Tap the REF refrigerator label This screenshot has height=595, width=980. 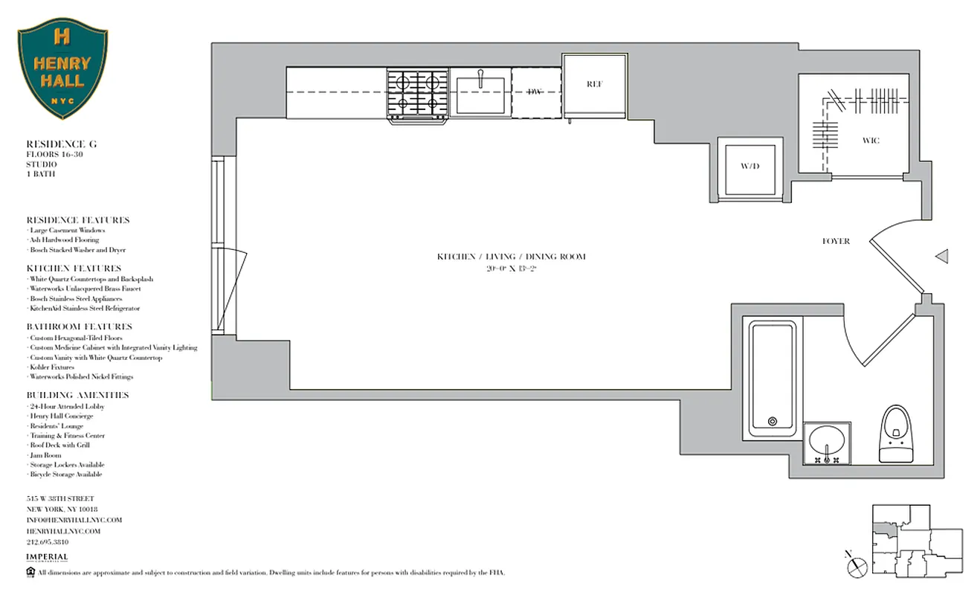pyautogui.click(x=594, y=84)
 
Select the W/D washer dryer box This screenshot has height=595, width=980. pyautogui.click(x=749, y=166)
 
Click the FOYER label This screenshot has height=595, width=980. pyautogui.click(x=836, y=241)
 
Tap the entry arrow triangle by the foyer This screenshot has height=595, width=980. pyautogui.click(x=941, y=257)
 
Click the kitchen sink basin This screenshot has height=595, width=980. pyautogui.click(x=480, y=94)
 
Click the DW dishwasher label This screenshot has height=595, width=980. pyautogui.click(x=535, y=92)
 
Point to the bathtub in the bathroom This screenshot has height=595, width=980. pyautogui.click(x=772, y=378)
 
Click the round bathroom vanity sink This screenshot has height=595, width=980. pyautogui.click(x=827, y=443)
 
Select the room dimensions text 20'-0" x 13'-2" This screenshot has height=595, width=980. pyautogui.click(x=511, y=267)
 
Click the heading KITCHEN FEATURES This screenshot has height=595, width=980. pyautogui.click(x=74, y=268)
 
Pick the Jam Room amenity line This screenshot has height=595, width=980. pyautogui.click(x=45, y=455)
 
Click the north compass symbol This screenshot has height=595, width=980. pyautogui.click(x=857, y=565)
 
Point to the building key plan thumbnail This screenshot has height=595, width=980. pyautogui.click(x=917, y=540)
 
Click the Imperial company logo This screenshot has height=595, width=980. pyautogui.click(x=47, y=558)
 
